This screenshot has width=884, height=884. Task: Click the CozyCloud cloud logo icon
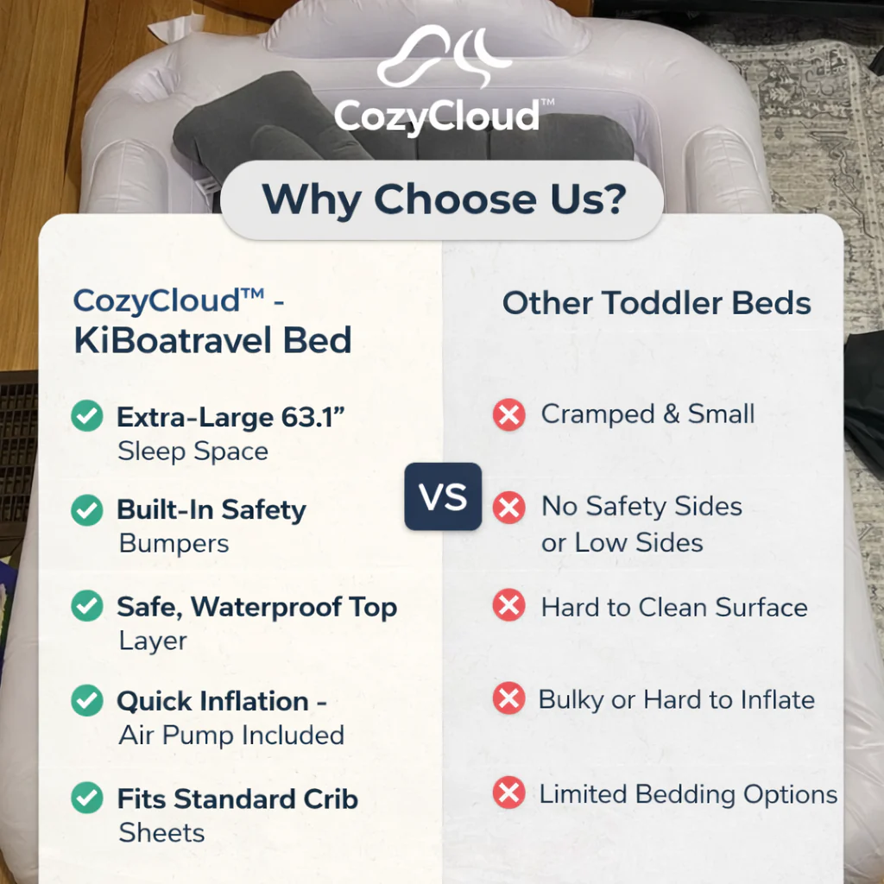445,56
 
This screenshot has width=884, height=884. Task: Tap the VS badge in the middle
443,496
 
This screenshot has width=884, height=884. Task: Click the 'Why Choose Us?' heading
444,199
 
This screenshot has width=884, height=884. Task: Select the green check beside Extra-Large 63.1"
87,416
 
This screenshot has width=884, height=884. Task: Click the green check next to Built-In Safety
87,510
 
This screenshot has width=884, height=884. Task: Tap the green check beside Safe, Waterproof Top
87,606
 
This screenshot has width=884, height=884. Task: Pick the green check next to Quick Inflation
87,700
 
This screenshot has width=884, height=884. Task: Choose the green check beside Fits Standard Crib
87,797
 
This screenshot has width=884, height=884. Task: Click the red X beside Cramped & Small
509,415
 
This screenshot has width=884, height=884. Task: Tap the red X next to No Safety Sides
509,508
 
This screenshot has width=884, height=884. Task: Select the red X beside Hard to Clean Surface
509,605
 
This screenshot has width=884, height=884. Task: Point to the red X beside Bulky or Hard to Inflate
509,698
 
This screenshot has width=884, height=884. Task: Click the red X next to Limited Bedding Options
509,792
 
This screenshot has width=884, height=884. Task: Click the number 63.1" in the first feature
313,417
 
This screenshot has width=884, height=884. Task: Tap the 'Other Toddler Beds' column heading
657,303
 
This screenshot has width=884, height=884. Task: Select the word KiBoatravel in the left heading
174,340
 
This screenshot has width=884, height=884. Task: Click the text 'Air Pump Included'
231,736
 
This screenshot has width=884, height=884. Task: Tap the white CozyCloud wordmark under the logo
438,116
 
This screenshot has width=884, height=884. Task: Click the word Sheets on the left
161,833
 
